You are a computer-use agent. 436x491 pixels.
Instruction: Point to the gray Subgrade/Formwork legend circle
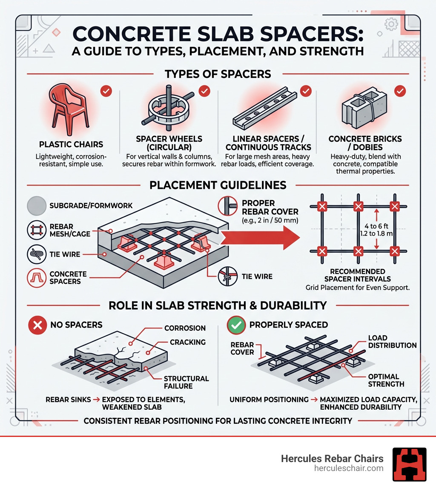[37, 206]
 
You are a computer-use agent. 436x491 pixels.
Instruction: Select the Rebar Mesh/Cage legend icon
[37, 230]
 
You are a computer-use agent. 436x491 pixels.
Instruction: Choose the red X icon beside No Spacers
[37, 325]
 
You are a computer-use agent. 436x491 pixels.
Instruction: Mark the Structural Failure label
[186, 382]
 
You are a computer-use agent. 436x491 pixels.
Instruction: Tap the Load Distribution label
[392, 342]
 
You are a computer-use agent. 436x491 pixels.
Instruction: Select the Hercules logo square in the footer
[409, 464]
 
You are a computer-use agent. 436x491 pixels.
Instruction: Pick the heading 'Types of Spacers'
[218, 74]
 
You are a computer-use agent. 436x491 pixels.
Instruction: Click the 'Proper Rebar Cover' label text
[270, 207]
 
